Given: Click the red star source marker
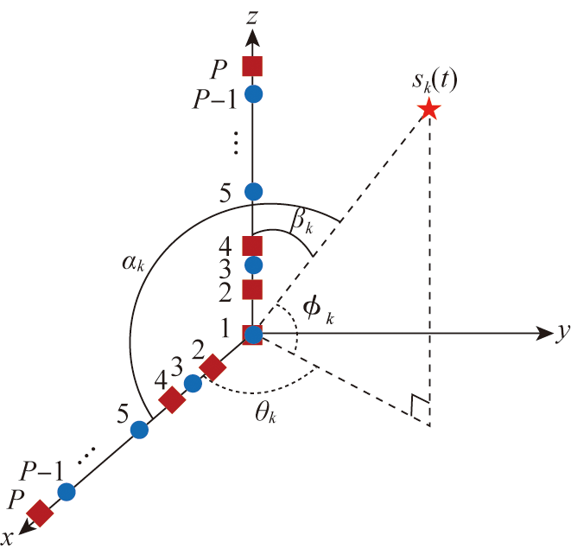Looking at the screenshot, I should (x=428, y=110).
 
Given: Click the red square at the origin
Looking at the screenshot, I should (x=252, y=335).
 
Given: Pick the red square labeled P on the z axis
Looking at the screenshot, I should (x=252, y=66).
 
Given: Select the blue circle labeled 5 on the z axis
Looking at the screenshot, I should (x=253, y=191).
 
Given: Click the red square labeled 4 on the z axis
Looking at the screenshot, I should (x=252, y=246).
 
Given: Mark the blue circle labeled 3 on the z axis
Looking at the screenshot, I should (x=253, y=265).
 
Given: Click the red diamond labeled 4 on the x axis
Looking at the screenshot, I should (x=172, y=400).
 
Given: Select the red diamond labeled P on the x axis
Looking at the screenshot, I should (x=40, y=512).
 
